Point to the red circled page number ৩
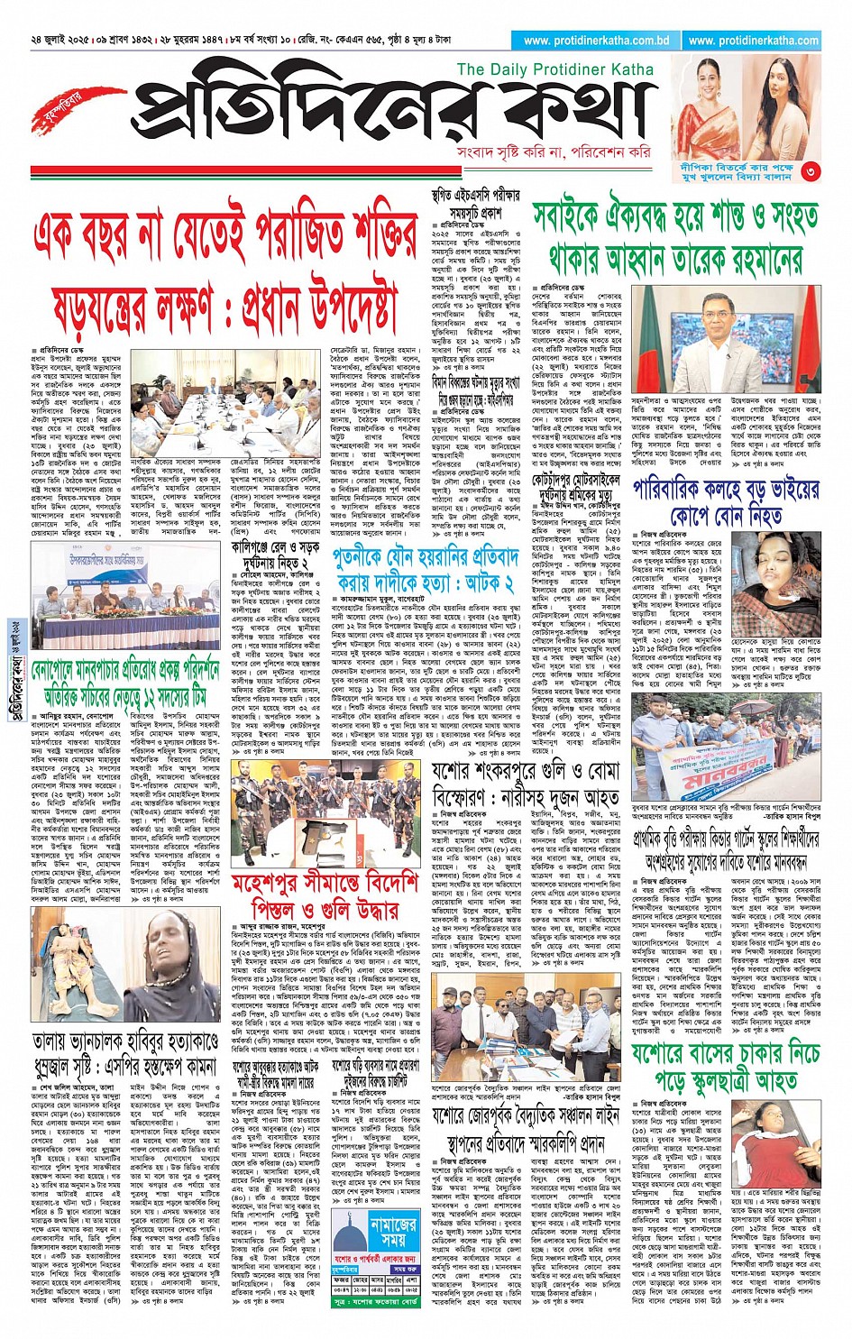[x=811, y=170]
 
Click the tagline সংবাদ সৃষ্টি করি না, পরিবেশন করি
[x=553, y=152]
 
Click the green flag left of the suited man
[x=651, y=329]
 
